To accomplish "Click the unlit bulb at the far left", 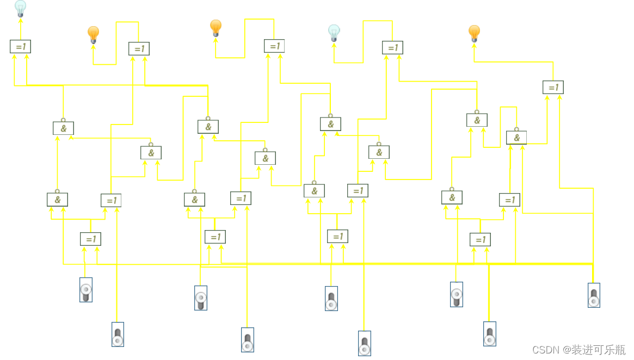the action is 20,9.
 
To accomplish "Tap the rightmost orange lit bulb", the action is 474,33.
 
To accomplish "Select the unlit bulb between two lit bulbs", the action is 334,33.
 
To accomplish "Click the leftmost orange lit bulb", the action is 93,34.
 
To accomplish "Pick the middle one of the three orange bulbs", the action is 216,27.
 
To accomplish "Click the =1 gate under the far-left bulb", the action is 20,47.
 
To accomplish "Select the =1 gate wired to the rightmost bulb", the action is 553,87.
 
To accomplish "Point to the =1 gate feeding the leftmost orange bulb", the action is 139,49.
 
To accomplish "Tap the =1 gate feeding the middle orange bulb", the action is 274,46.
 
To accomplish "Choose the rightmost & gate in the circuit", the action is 516,138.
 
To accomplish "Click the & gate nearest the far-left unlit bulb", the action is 63,128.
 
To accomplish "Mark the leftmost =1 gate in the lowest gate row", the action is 90,239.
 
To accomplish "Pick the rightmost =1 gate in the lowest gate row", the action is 480,239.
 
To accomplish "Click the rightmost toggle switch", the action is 594,295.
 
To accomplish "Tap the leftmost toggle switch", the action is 85,290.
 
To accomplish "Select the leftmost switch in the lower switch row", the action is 118,334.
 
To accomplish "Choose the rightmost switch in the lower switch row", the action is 490,334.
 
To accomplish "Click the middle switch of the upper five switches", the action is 331,299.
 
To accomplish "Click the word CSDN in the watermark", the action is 546,350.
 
